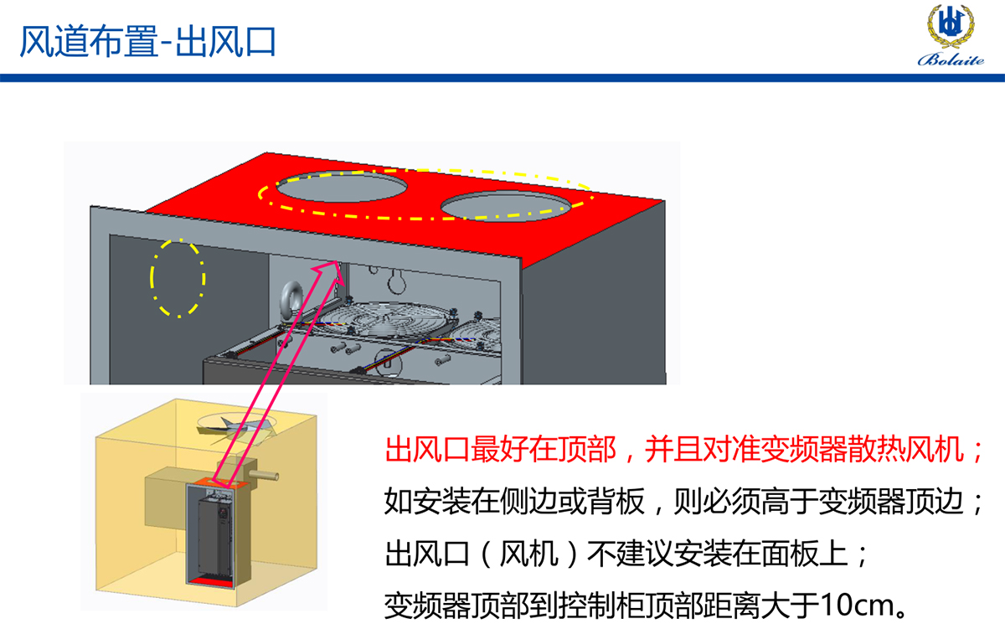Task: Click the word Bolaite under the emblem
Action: coord(951,59)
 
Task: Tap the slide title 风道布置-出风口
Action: coord(147,41)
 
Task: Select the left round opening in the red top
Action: coord(342,186)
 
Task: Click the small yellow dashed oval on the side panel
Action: coord(178,278)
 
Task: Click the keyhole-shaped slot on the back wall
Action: coord(397,281)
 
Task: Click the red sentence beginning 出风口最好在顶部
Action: coord(683,450)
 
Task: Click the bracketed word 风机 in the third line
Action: coord(528,554)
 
